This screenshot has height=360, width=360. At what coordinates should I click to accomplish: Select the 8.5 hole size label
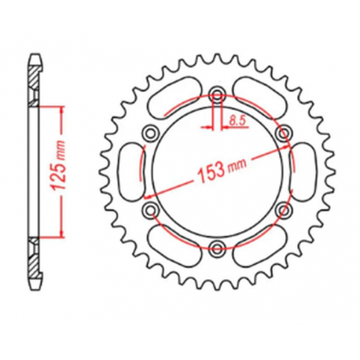tap(236, 120)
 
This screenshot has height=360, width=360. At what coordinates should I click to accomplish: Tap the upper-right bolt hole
tap(286, 130)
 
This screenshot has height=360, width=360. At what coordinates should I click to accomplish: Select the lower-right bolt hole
tap(286, 209)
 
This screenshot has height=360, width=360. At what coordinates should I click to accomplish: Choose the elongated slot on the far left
tap(129, 170)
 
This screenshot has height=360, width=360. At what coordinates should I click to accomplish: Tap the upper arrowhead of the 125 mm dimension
tap(59, 108)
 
